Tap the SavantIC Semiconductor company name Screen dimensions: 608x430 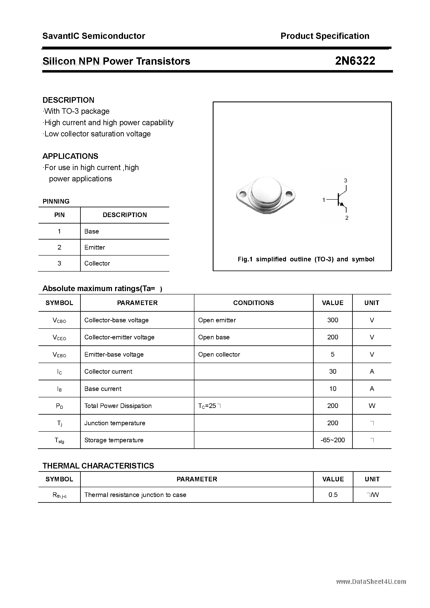[x=94, y=36]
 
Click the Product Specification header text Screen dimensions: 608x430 [x=325, y=36]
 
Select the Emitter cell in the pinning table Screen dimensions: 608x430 [x=95, y=247]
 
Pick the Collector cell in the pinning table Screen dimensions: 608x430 [x=97, y=263]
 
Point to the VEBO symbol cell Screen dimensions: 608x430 [x=59, y=355]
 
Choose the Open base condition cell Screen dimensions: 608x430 [x=214, y=337]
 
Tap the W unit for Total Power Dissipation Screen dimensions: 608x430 [x=372, y=406]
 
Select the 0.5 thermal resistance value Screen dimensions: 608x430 [x=333, y=495]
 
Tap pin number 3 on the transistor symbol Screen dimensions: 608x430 [x=345, y=181]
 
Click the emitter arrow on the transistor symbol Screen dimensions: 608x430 [x=342, y=204]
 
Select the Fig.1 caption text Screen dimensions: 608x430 [x=306, y=259]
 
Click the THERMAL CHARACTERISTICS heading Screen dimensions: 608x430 [x=98, y=466]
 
